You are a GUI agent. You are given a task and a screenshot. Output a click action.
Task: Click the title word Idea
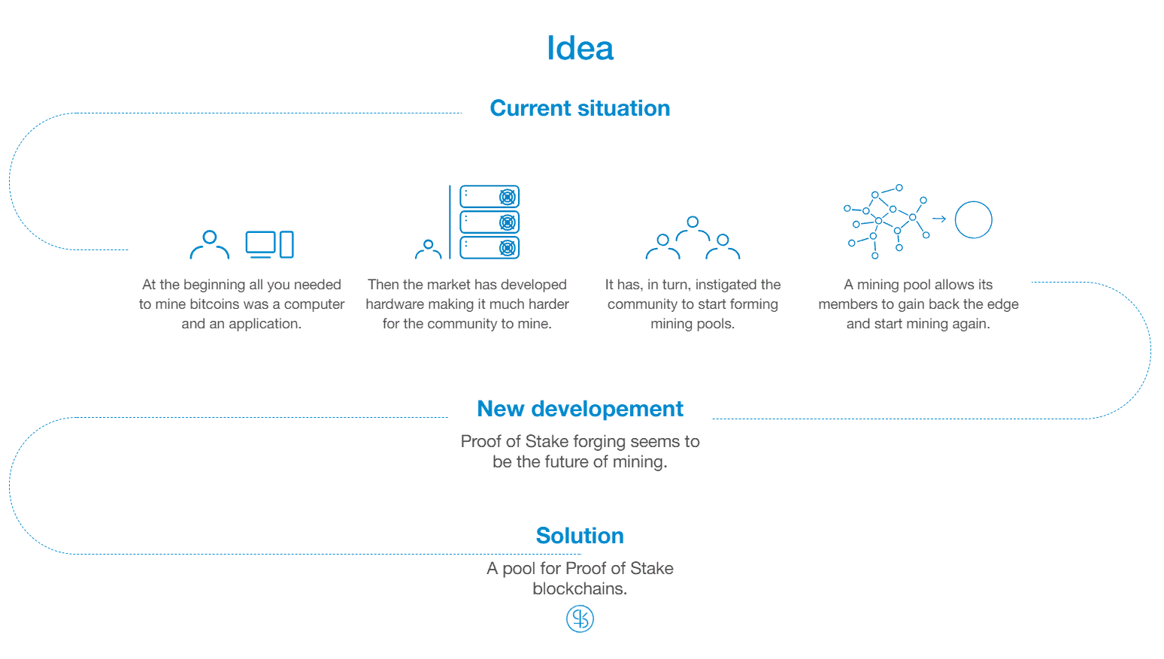tap(580, 48)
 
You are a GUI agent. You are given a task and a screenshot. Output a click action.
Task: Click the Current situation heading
tap(580, 108)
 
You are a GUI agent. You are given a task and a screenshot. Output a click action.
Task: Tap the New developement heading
tap(580, 409)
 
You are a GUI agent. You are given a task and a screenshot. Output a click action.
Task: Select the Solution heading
tap(580, 536)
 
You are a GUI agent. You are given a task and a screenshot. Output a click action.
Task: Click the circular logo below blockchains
tap(580, 619)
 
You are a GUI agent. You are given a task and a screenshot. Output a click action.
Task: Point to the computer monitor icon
tap(260, 244)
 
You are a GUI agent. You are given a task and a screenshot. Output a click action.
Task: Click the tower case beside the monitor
tap(286, 244)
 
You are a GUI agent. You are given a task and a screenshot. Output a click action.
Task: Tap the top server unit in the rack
tap(490, 197)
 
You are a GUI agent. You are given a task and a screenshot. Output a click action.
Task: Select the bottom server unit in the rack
tap(490, 248)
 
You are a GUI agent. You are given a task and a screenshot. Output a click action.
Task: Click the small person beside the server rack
tap(428, 249)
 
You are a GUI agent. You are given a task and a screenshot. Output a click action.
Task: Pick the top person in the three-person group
tap(693, 229)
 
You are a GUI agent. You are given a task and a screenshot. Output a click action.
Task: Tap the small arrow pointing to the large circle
tap(939, 219)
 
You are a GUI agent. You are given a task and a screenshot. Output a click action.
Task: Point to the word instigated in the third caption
tap(726, 285)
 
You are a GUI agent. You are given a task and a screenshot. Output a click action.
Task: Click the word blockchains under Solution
tap(580, 589)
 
